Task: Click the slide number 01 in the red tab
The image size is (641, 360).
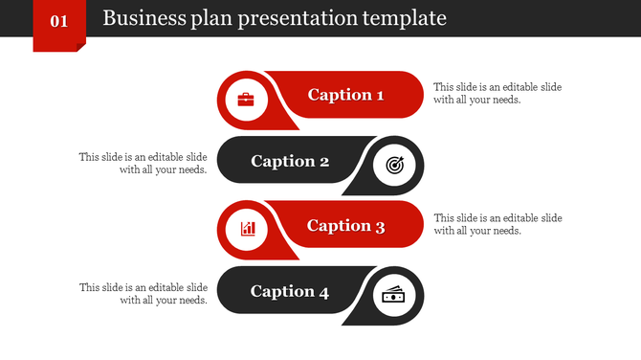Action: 58,20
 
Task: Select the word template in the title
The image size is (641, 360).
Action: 405,18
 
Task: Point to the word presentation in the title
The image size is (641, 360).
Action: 295,18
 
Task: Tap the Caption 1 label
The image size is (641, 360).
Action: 345,95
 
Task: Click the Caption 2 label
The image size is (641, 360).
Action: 290,161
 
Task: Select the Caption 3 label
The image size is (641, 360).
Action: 345,226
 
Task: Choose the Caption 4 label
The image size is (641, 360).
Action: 290,292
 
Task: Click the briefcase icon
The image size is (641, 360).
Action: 246,100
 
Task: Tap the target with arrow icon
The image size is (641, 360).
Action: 394,166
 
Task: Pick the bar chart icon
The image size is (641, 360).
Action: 248,228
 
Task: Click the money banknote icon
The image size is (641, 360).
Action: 394,296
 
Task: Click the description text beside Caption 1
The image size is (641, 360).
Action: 497,93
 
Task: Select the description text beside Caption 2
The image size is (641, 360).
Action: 144,163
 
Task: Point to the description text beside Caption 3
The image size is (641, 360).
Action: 497,224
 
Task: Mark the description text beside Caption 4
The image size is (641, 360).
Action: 144,293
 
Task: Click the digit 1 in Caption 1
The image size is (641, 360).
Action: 379,95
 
